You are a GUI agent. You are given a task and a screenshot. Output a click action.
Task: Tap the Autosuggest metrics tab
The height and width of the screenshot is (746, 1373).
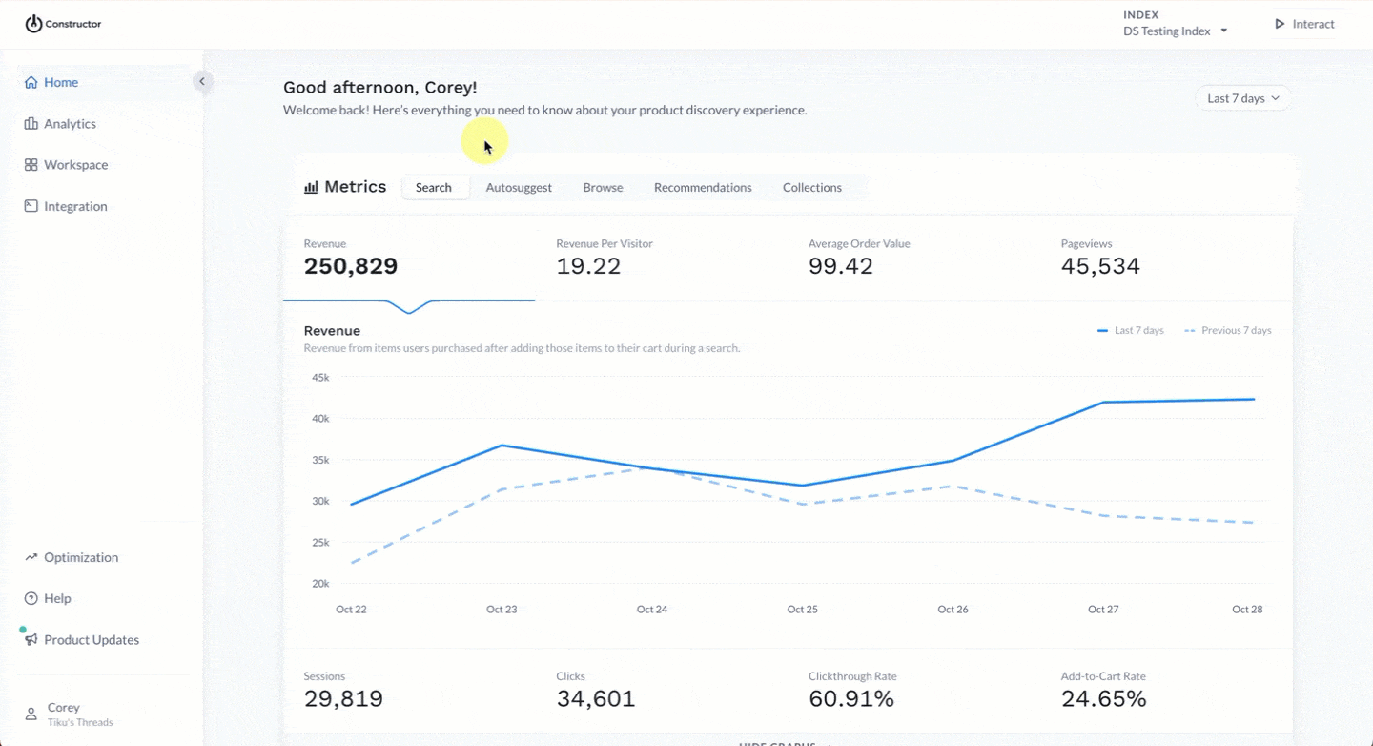pos(519,188)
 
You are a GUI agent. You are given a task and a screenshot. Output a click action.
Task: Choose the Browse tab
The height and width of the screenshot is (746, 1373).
pos(603,188)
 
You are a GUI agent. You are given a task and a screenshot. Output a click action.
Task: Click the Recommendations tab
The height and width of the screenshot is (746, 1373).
pos(703,188)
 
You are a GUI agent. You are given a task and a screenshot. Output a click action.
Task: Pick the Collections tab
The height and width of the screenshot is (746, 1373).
pos(812,188)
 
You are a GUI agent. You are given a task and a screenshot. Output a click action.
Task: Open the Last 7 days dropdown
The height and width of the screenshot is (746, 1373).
pos(1243,98)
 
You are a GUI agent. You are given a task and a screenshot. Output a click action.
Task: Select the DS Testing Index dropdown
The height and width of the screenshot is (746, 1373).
pos(1175,31)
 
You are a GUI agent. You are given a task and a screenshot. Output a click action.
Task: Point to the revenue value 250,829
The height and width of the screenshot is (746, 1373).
pos(351,266)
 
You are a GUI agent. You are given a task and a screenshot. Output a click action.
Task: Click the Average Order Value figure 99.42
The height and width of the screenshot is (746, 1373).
pos(841,266)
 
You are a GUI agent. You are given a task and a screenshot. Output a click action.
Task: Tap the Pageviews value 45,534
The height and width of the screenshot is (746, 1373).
pos(1100,266)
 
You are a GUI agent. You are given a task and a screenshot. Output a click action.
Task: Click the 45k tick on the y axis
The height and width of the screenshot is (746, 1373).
pos(320,378)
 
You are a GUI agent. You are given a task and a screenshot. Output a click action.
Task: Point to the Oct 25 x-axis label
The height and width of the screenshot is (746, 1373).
pos(803,609)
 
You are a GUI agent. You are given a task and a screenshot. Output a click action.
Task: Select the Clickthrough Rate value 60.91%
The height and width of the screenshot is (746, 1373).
pos(851,699)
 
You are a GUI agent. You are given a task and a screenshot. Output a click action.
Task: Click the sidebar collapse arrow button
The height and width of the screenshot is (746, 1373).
pos(202,82)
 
